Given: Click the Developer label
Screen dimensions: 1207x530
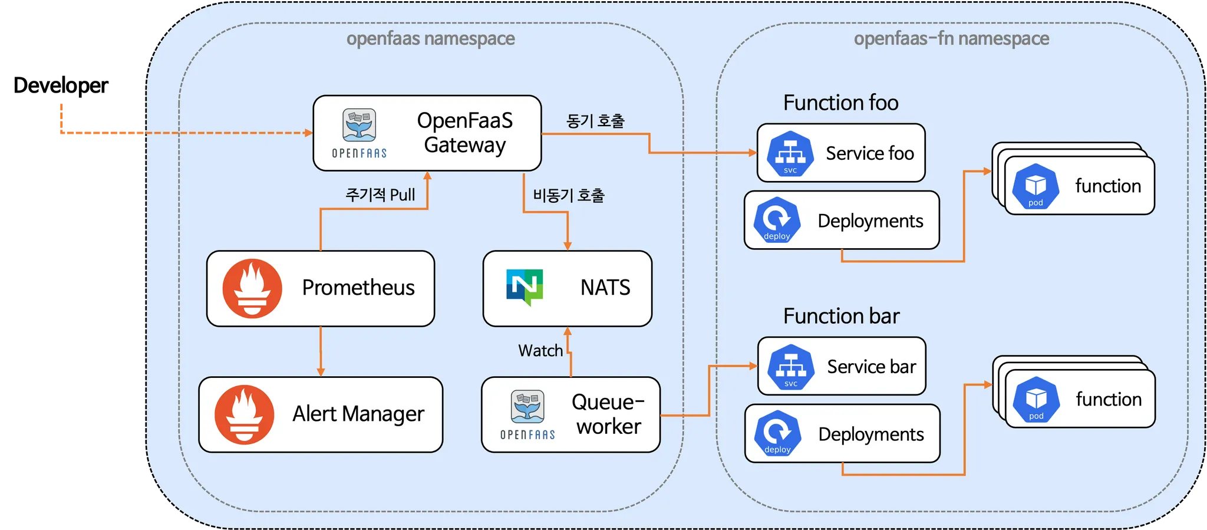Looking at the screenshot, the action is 61,85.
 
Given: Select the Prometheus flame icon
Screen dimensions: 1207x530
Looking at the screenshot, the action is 252,288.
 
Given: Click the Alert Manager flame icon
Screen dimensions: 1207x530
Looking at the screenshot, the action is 244,414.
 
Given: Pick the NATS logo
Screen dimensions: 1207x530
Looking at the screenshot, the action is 525,287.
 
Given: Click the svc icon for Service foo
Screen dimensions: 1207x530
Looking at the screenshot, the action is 790,153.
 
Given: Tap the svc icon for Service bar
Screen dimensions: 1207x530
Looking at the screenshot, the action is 791,367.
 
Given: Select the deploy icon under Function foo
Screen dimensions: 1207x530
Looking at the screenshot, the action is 777,220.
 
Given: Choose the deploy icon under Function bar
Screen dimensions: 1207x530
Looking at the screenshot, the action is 778,433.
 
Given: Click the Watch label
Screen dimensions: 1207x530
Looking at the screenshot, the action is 540,351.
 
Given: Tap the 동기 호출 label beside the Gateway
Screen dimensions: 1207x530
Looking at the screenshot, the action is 595,121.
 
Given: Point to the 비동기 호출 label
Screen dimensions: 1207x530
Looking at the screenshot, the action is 569,195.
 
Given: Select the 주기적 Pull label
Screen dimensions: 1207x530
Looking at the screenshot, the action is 380,195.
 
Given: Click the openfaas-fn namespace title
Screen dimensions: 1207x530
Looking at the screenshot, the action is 951,38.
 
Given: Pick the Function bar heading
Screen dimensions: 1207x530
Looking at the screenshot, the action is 841,316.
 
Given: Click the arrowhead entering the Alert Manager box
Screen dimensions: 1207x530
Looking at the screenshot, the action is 321,372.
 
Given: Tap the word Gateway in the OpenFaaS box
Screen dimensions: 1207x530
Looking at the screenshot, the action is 465,145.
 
